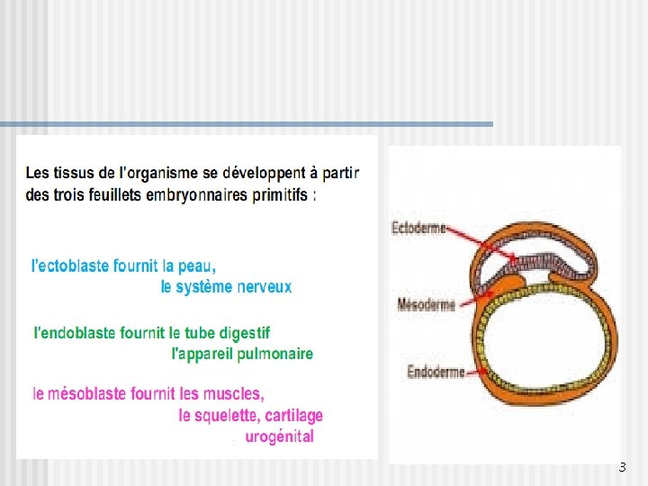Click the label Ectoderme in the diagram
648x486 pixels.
[x=418, y=229]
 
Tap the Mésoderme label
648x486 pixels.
[x=427, y=305]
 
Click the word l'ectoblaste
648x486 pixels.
[x=70, y=265]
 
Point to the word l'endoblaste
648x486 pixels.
[x=75, y=333]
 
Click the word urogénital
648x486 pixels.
[x=279, y=436]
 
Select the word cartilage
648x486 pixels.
[x=293, y=415]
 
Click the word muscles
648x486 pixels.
[x=233, y=393]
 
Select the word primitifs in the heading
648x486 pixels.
[x=281, y=195]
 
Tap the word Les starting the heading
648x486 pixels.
[x=38, y=173]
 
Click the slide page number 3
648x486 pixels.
[x=621, y=467]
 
